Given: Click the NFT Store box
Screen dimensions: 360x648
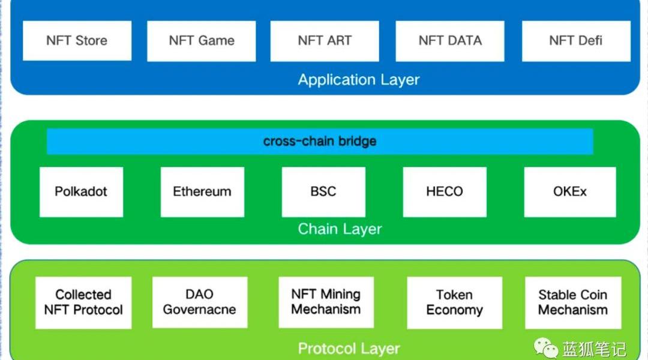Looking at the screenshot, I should pos(77,41).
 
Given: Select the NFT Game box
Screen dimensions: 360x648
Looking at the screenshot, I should pos(201,41).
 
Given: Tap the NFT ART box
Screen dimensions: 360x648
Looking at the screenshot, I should pos(325,41).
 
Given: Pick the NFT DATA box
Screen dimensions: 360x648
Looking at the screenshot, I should pos(449,41).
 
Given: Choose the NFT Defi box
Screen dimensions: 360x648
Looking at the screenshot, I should pos(575,41).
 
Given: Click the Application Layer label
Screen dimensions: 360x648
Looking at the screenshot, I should pos(359,80).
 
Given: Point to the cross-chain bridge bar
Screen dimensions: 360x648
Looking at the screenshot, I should pos(320,142).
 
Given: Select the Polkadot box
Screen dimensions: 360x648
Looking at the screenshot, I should pos(81,192).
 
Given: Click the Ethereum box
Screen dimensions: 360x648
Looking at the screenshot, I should pos(202,192).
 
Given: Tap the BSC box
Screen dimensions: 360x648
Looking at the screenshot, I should pos(323,192).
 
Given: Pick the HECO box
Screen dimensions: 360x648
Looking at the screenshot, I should pos(445,192).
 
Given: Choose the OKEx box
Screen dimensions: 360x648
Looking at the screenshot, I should pos(569,192).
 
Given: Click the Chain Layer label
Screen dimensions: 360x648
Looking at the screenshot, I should pos(340,229).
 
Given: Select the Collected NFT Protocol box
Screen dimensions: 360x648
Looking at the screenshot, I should pos(83,302).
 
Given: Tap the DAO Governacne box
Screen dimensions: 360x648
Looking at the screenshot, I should pos(199,302).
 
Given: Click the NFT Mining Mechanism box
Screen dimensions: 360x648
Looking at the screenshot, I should pos(326,302).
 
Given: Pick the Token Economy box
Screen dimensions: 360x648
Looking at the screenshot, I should pos(454,302).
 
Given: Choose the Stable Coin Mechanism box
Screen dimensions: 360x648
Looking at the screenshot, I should pos(573,302).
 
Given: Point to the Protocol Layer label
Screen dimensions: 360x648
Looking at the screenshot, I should pos(349,349).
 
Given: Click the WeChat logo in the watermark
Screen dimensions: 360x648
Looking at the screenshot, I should pos(546,347).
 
